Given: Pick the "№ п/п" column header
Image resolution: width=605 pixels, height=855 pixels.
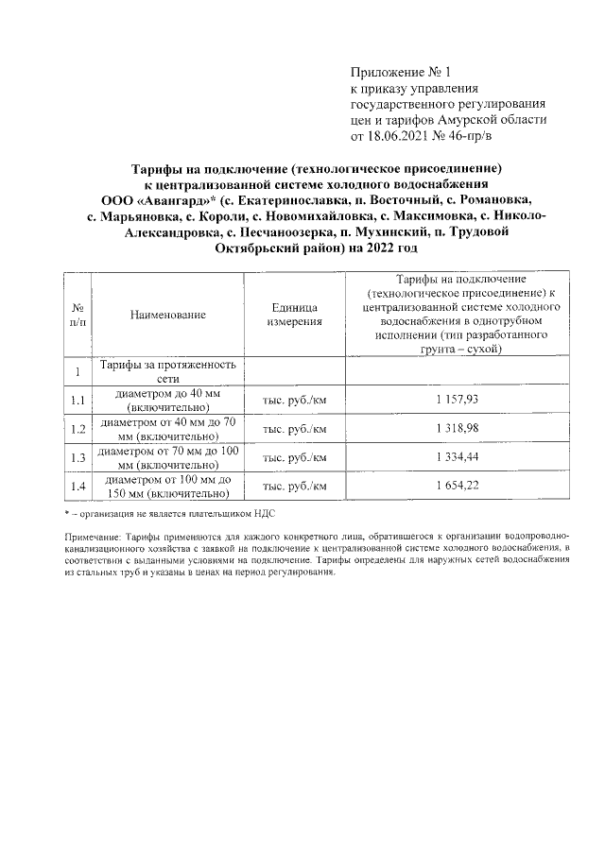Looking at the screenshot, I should click(x=78, y=316).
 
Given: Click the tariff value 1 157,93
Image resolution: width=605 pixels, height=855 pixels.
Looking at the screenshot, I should click(x=458, y=400).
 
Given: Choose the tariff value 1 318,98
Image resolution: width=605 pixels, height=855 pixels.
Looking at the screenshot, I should click(x=458, y=429).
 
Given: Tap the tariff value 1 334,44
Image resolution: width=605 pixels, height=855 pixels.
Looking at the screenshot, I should click(x=458, y=457).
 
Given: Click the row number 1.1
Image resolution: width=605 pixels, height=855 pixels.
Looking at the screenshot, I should click(x=78, y=401).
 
